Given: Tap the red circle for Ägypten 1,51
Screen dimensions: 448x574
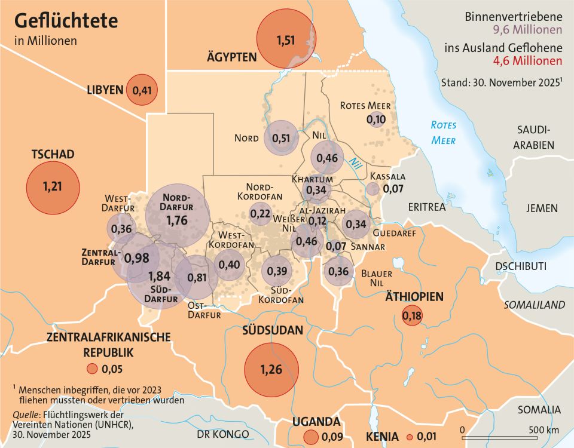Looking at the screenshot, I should [x=285, y=40].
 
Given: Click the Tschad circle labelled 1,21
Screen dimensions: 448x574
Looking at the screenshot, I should [x=53, y=187].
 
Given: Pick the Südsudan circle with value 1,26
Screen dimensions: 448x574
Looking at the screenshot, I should [x=271, y=369].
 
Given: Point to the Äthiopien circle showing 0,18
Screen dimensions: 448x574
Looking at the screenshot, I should [x=412, y=315].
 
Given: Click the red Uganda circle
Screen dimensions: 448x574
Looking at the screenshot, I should [x=310, y=437].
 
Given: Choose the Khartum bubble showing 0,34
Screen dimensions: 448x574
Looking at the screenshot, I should [x=317, y=190].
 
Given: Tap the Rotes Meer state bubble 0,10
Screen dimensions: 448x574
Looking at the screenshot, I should [x=375, y=119].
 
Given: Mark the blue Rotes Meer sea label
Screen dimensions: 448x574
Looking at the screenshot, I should [x=443, y=133].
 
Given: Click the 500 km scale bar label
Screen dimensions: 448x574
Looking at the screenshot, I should [x=544, y=429].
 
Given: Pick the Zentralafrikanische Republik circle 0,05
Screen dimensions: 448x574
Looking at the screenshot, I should [x=91, y=369].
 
